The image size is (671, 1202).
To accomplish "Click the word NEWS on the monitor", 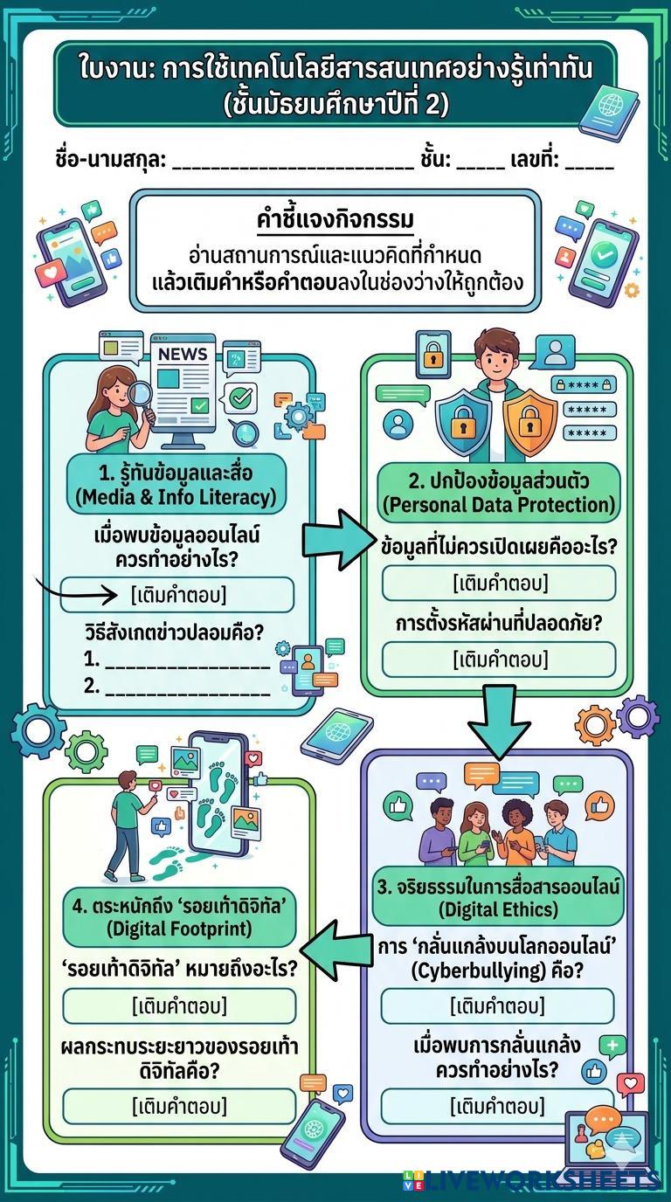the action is pos(183,354).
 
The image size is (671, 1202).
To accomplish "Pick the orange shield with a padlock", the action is pos(529,423).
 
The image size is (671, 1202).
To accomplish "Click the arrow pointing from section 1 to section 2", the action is pos(336,538).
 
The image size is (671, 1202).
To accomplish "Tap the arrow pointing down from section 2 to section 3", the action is pos(499,723).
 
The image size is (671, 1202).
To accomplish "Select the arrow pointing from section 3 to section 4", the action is pos(336,950).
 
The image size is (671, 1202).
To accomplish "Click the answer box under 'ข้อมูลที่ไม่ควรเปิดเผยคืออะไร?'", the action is pos(499,583).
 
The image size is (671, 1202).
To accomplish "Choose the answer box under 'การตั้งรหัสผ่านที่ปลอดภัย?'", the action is pos(499,659).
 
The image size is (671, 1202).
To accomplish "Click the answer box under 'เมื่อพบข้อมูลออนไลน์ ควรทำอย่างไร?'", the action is pos(177,595).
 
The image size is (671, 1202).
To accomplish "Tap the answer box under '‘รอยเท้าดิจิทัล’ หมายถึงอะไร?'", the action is pos(179,1005).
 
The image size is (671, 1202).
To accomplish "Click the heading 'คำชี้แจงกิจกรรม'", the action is pos(335,220).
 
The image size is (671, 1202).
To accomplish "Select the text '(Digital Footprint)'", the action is pos(178,929).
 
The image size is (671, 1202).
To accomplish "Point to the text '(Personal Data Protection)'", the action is pos(499,505).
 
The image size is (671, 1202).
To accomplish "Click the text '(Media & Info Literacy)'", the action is pos(176,497).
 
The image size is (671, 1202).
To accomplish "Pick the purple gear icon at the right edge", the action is pos(639,716).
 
